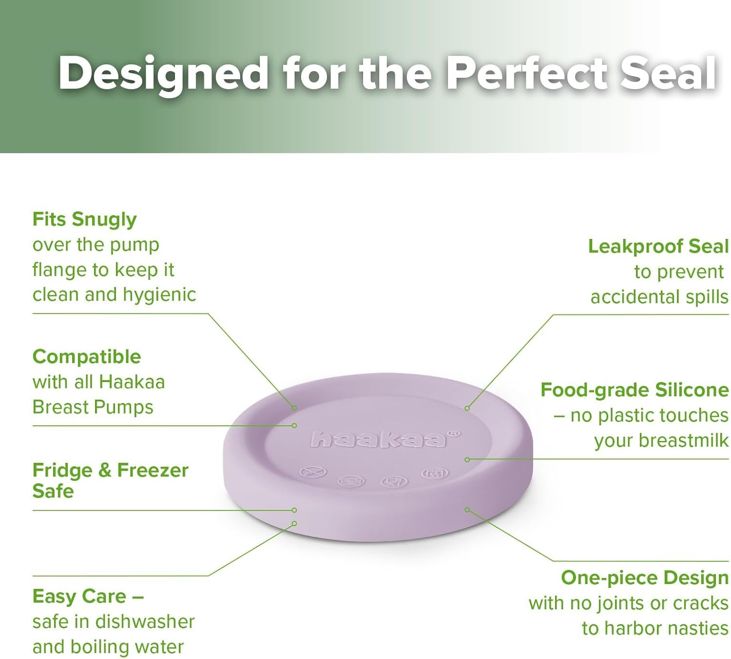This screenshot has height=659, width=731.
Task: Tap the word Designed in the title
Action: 163,74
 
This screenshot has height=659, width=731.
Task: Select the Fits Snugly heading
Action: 84,220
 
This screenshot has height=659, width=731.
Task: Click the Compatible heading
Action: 87,357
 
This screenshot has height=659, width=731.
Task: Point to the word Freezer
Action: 153,470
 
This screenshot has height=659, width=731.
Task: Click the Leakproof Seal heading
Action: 658,246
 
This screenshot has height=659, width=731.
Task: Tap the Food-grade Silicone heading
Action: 635,390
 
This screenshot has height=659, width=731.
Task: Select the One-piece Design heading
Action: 644,578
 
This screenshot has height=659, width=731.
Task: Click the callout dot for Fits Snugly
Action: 294,407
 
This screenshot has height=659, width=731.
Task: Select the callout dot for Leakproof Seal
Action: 467,408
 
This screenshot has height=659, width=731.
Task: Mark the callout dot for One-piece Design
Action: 467,510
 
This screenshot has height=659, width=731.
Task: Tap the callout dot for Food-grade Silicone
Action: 467,459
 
